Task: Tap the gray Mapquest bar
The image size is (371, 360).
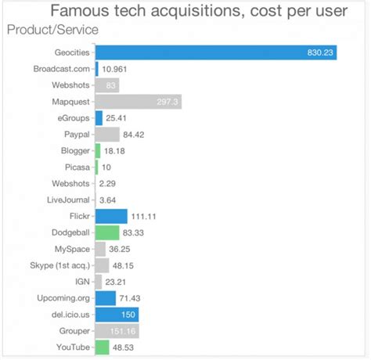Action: pos(138,102)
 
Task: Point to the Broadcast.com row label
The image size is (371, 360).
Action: pos(62,68)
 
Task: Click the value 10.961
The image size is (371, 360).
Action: pos(117,68)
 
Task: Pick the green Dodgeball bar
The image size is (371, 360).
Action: pos(106,232)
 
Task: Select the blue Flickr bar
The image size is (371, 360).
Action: pos(110,216)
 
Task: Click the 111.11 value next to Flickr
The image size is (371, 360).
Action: pos(146,216)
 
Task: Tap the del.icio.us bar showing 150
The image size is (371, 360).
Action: pos(117,315)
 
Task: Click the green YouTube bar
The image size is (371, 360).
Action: pos(102,347)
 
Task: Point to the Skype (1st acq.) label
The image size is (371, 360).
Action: pos(59,265)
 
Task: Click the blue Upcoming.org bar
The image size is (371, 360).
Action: pos(105,298)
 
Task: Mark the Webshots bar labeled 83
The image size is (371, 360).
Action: pos(106,85)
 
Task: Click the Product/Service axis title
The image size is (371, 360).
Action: pos(52,30)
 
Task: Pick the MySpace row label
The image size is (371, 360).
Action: pos(71,249)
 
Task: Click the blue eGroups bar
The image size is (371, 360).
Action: pos(99,117)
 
